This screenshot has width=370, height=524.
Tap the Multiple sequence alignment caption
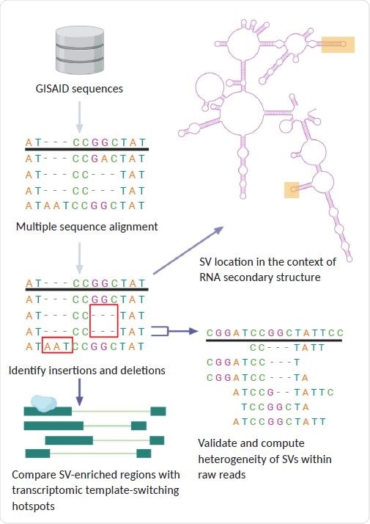click(x=86, y=227)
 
